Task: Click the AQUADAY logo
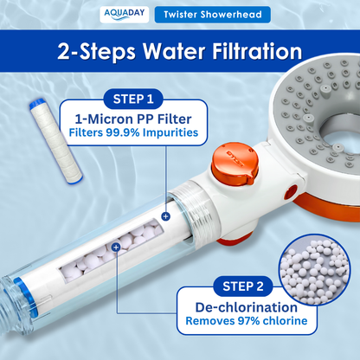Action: (125, 15)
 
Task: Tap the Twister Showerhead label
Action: (213, 15)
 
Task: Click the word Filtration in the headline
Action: (257, 51)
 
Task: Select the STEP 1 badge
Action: (133, 99)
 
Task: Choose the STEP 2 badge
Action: (243, 286)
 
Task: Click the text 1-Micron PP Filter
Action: (133, 119)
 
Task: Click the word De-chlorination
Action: (246, 307)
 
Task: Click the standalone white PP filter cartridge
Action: (56, 141)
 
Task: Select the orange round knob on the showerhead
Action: (235, 164)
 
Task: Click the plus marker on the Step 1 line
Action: (165, 216)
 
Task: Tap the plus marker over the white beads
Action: (116, 247)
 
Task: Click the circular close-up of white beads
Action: (314, 269)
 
